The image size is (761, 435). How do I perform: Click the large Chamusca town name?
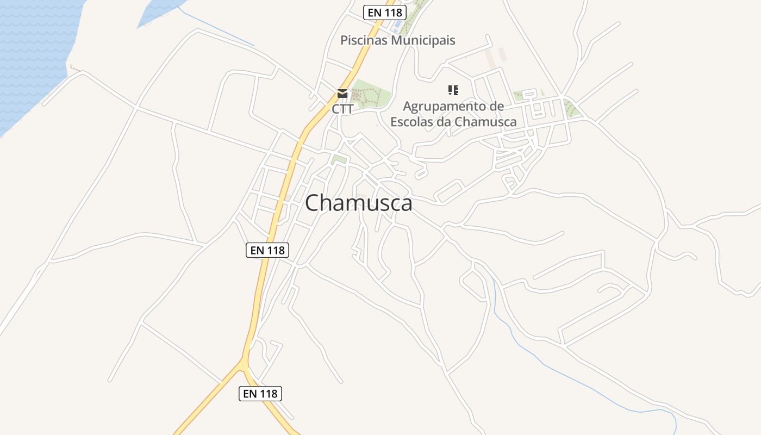358,203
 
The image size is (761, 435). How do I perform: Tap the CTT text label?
342,109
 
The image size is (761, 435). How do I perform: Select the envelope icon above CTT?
342,94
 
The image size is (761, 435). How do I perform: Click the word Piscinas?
364,40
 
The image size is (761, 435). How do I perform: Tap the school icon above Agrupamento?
453,90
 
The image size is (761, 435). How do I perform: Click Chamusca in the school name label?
485,121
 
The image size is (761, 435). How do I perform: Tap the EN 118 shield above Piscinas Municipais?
385,13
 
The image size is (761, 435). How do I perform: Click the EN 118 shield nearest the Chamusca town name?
267,250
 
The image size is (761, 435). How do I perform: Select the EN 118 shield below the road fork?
260,393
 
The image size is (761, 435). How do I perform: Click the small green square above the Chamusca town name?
339,159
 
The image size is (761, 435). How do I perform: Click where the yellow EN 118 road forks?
244,361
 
